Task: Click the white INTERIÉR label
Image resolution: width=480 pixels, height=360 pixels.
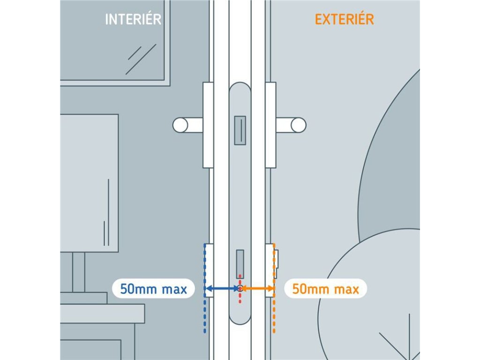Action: [x=133, y=19]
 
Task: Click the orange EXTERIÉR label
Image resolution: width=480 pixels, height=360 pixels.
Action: [x=344, y=19]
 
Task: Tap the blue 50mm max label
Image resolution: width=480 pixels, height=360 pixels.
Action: [x=153, y=289]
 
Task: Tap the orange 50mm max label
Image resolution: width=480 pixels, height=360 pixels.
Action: [x=326, y=289]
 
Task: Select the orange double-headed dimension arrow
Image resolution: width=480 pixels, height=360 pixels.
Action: [x=257, y=289]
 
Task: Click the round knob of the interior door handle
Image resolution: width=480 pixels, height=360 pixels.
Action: [x=180, y=125]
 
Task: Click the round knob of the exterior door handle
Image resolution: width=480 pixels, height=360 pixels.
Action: [x=299, y=125]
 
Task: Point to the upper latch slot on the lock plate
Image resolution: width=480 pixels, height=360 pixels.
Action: [x=240, y=130]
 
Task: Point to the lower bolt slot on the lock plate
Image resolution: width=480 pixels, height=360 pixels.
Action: [x=240, y=264]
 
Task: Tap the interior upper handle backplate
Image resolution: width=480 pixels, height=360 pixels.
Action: [x=208, y=125]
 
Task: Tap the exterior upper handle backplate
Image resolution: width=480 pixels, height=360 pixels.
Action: [x=270, y=125]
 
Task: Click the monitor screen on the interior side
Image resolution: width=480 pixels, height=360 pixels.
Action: [x=89, y=183]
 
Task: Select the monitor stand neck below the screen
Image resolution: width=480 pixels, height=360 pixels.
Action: [x=79, y=272]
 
